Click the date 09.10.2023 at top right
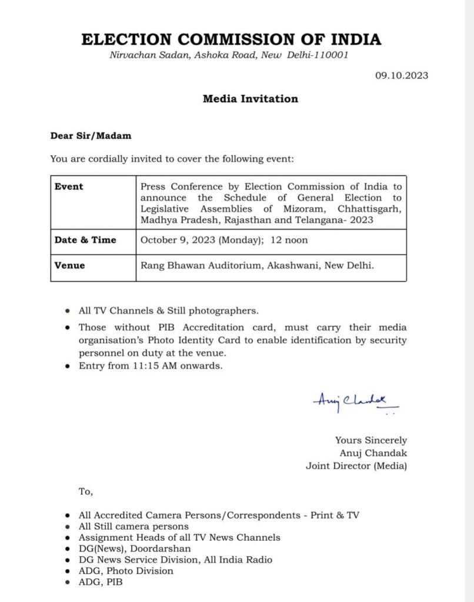pos(402,75)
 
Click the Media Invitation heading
pos(250,99)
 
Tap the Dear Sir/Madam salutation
pos(91,136)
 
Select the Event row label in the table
pos(69,187)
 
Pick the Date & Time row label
pos(85,240)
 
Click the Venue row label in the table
pos(69,266)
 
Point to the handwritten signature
pos(355,403)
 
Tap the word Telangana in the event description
pos(339,220)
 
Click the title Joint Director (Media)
pos(356,466)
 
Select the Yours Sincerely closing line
pos(371,440)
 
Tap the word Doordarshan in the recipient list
pos(146,549)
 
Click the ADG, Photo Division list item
pos(126,571)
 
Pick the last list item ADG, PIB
pos(101,582)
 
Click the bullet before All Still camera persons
pos(68,527)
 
